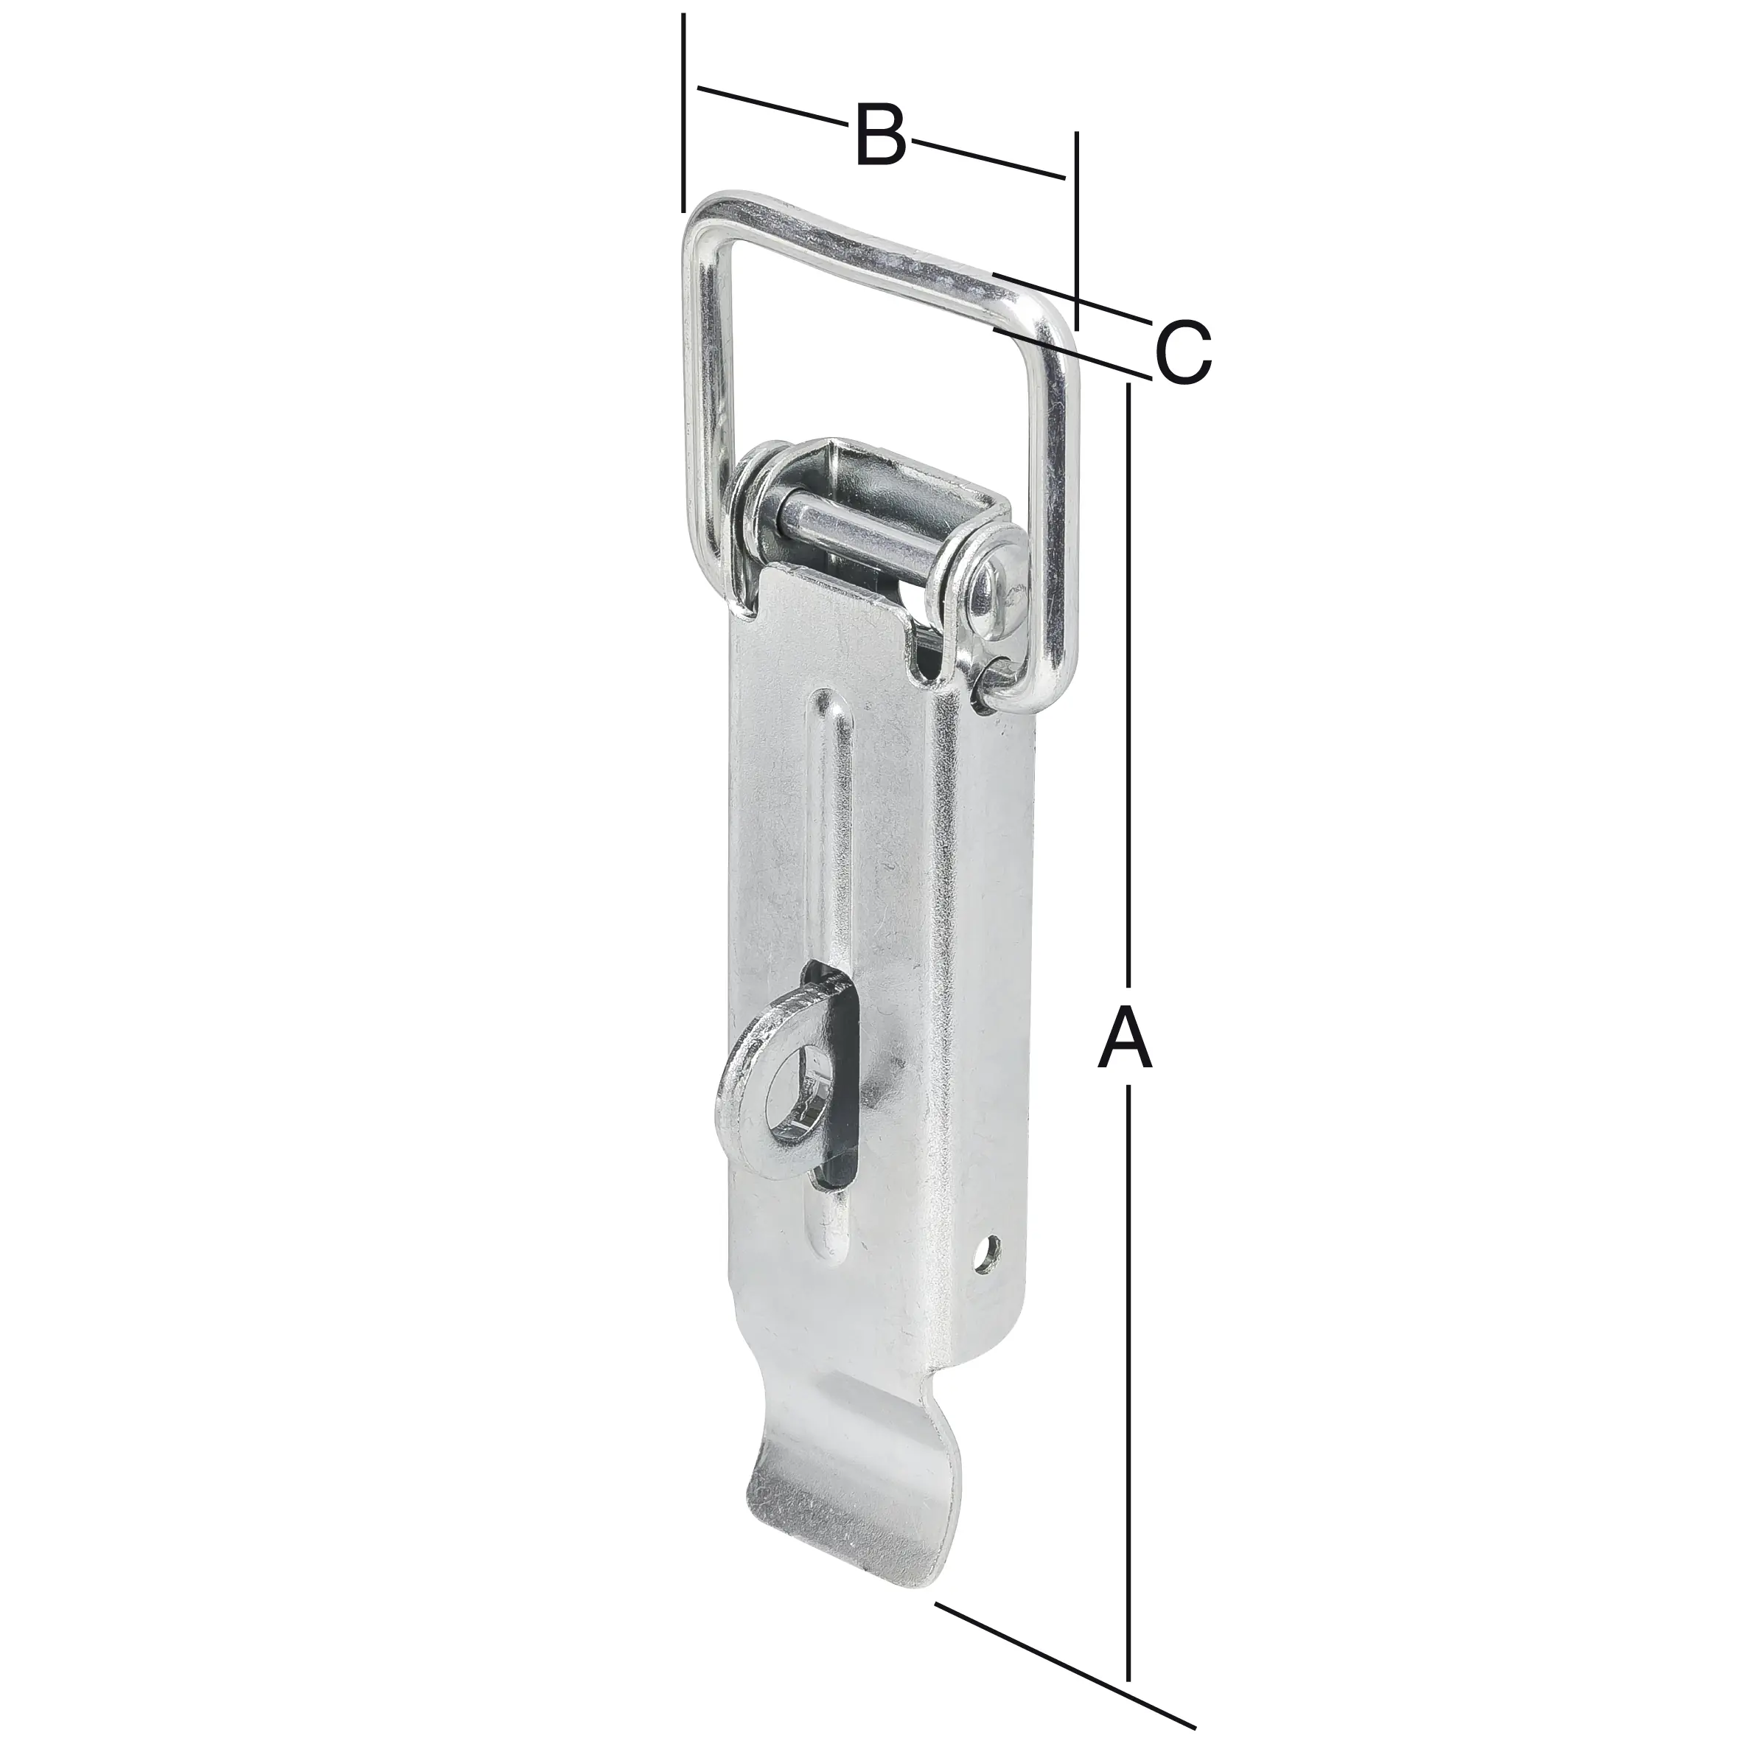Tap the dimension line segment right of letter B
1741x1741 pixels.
(x=987, y=158)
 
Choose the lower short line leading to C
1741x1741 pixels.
(x=1072, y=353)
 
